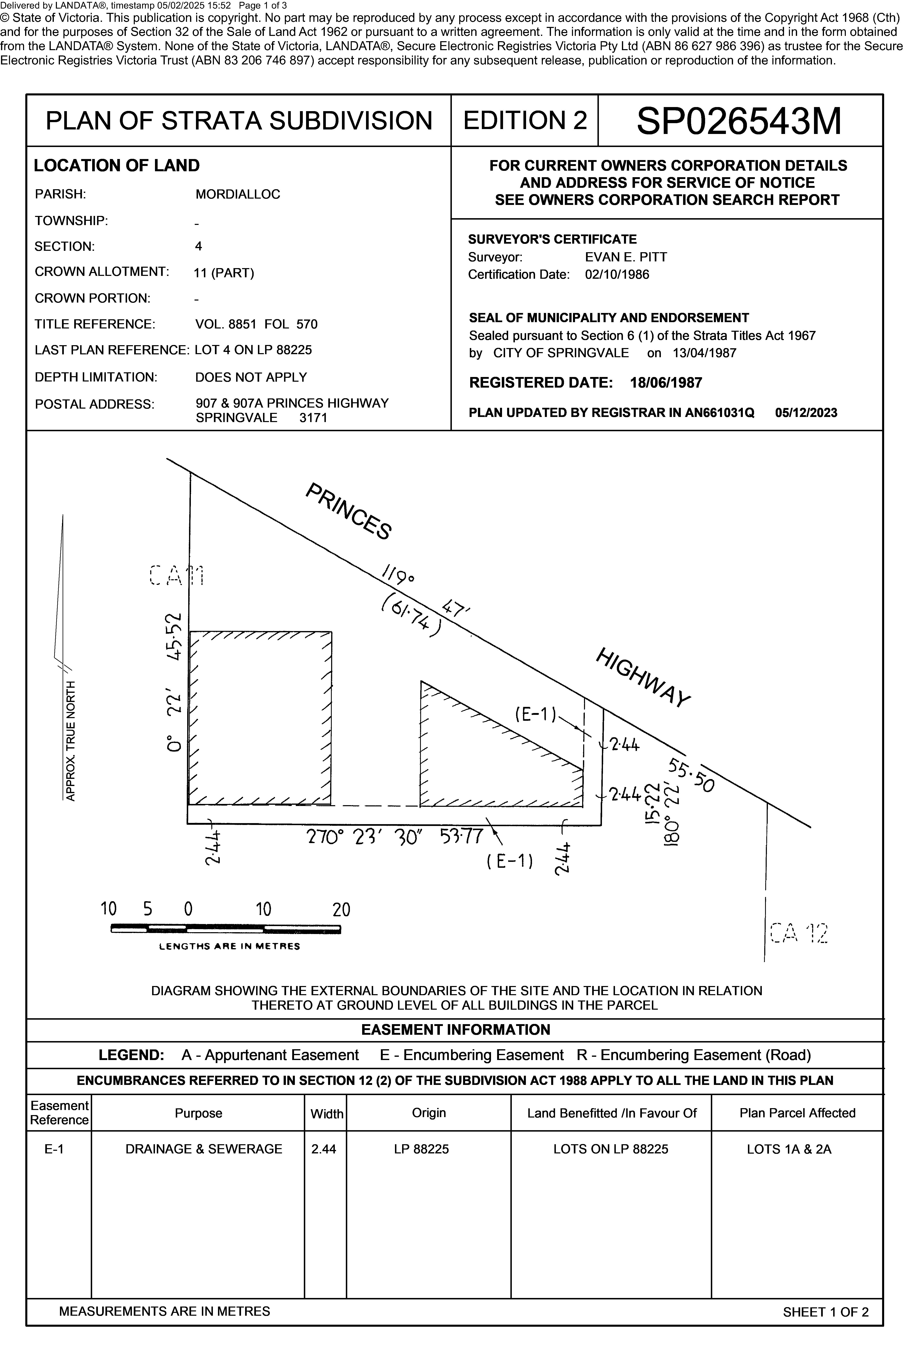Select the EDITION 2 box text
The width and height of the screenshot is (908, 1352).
(525, 120)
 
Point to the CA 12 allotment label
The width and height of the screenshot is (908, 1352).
(799, 933)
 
